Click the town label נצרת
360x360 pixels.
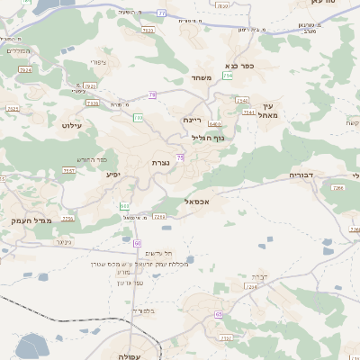[161, 162]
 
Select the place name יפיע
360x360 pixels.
[113, 174]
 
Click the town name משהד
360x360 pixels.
[201, 78]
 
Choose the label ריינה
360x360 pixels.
[192, 119]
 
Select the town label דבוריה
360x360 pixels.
[301, 175]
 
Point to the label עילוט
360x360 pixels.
[71, 125]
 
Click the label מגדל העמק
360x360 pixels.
[31, 220]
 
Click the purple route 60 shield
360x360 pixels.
[137, 243]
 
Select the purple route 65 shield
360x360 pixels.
[219, 314]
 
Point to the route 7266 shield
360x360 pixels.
[338, 188]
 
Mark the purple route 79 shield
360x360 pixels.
[153, 94]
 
